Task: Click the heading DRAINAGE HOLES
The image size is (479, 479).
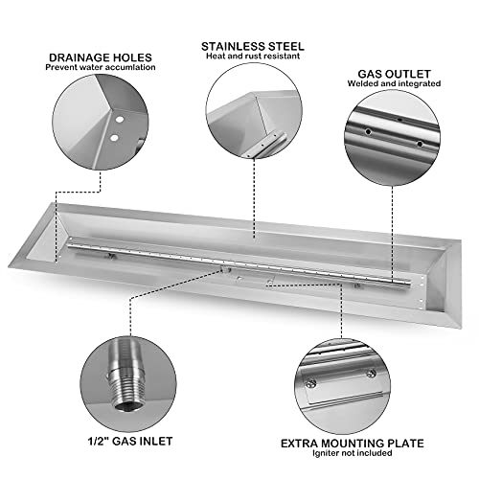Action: [x=101, y=57]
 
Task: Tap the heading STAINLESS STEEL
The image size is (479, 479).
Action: [x=253, y=47]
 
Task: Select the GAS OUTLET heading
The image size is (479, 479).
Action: [x=394, y=74]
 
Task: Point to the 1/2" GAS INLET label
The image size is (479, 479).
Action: [x=130, y=441]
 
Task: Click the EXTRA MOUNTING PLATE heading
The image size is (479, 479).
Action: [x=353, y=444]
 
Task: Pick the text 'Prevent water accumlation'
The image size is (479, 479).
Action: [x=101, y=67]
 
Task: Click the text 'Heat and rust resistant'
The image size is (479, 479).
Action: [x=253, y=57]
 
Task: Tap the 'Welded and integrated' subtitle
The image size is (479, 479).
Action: [x=394, y=83]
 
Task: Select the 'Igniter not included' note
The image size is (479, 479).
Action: [x=353, y=453]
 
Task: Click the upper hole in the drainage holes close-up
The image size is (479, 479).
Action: [x=120, y=120]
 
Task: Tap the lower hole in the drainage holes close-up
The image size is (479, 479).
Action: [x=114, y=138]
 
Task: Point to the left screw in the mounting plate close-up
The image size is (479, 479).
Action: [x=310, y=383]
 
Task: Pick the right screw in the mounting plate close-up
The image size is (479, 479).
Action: [x=371, y=373]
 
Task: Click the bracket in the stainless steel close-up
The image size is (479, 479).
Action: [x=266, y=145]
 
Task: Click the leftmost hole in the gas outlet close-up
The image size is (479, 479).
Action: [x=369, y=131]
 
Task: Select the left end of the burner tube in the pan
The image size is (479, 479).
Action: [x=69, y=246]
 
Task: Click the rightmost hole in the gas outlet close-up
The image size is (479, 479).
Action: [x=420, y=144]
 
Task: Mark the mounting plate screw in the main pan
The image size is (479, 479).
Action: [x=270, y=283]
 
